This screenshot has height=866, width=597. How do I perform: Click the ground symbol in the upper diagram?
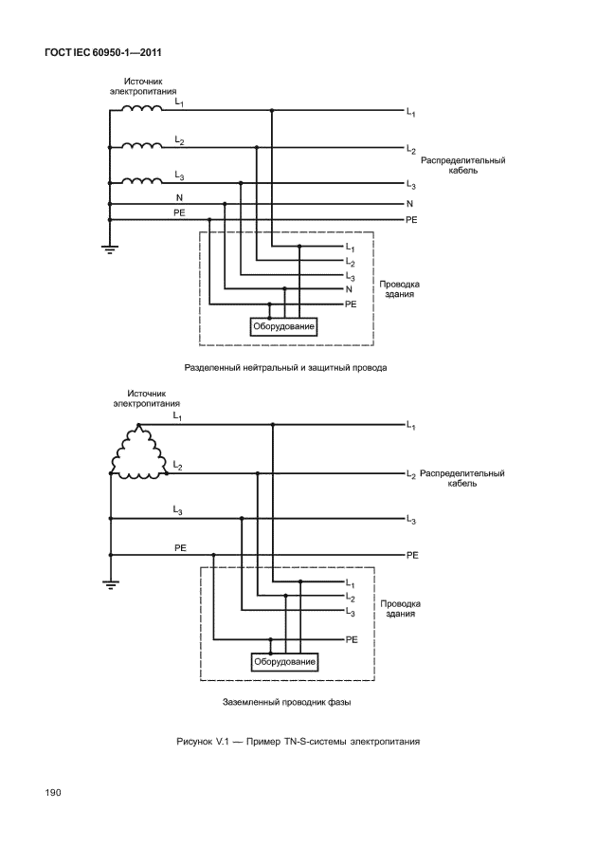(110, 249)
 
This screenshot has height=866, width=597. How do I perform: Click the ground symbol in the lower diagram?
(110, 583)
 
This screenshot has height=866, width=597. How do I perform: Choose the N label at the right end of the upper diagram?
(409, 204)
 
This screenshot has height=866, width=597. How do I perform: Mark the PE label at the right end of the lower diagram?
(412, 554)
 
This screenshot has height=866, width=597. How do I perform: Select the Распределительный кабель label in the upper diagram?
(462, 166)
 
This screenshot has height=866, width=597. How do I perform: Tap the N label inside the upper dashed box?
(349, 288)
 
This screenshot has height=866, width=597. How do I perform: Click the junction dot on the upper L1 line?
(272, 111)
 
